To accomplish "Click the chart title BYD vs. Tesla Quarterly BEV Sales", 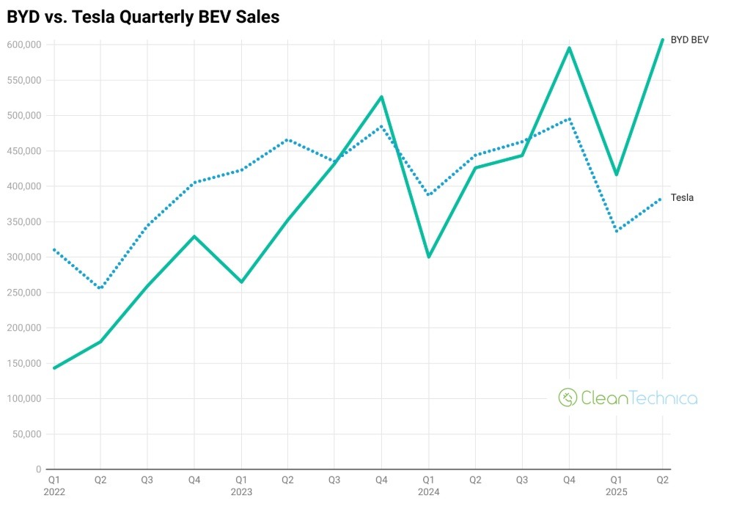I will [x=143, y=17].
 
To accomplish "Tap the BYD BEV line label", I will [x=689, y=40].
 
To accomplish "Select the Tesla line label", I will [x=682, y=197].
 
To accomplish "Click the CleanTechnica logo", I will [x=628, y=398].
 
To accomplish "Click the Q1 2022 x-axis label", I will [x=54, y=486].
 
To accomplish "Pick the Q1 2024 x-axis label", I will [x=428, y=486].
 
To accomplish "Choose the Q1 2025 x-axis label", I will [x=616, y=486].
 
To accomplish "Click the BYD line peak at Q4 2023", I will [x=381, y=97].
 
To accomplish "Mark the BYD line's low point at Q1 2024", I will [x=428, y=257].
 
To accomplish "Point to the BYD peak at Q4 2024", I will [x=569, y=48].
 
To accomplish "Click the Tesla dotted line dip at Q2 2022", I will [x=100, y=288].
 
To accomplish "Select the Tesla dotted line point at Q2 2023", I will [x=287, y=139].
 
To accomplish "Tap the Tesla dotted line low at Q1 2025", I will [x=616, y=231].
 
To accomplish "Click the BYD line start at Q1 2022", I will [x=54, y=368].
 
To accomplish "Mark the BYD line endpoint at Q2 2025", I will [x=662, y=40].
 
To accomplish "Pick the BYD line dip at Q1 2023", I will [x=241, y=282].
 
